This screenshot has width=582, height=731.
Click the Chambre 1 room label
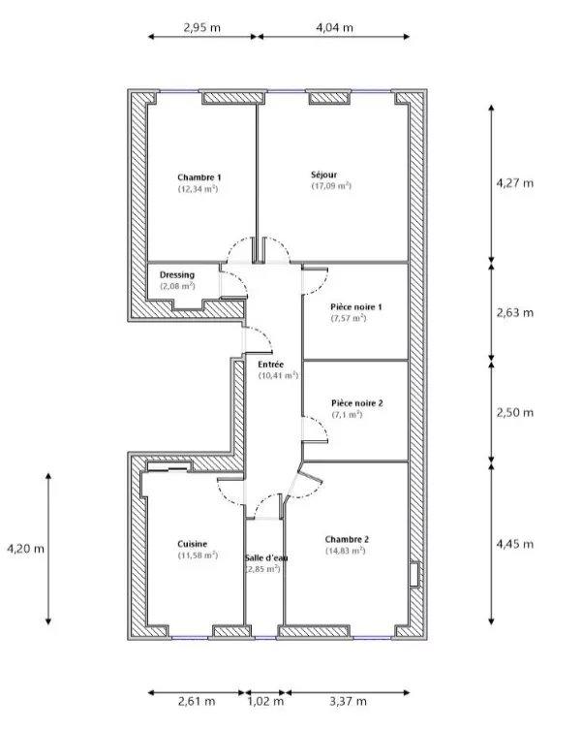coord(199,177)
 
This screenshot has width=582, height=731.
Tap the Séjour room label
coord(323,175)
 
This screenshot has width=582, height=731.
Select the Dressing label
coord(177,275)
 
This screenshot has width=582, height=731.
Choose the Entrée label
coord(270,364)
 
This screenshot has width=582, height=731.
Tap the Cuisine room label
coord(192,544)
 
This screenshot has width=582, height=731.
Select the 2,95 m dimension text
coord(202,28)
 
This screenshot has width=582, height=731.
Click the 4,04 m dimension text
coord(334,28)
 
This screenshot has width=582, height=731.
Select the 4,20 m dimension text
coord(26,549)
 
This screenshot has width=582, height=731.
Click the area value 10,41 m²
coord(278,375)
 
